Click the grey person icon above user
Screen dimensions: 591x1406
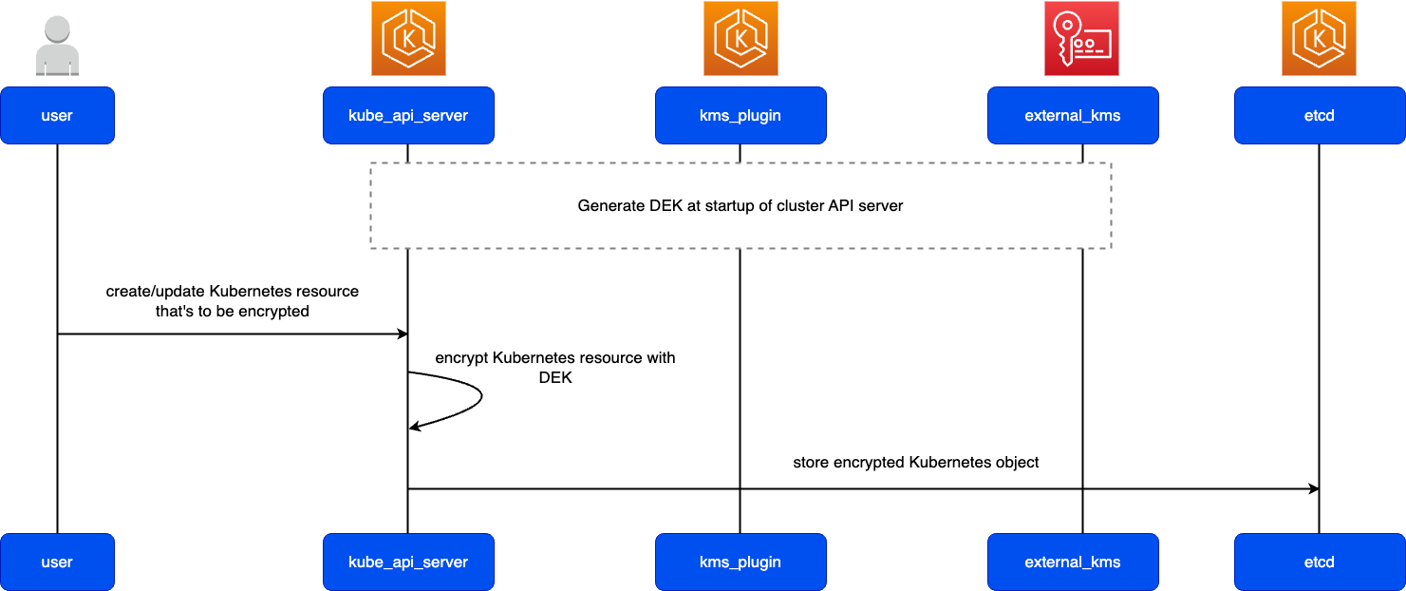[x=57, y=46]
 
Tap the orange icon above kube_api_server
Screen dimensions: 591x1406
[x=408, y=38]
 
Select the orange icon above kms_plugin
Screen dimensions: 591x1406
[x=740, y=38]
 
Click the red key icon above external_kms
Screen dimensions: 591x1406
[x=1081, y=38]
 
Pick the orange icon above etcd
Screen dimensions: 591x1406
[x=1319, y=38]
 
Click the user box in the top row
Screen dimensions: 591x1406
[x=57, y=116]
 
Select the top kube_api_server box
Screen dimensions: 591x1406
[x=408, y=116]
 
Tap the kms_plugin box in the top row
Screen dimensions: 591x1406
[x=740, y=116]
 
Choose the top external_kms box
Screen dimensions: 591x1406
[x=1073, y=116]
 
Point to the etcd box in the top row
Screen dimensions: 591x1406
[x=1320, y=116]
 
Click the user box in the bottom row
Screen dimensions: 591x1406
[x=57, y=562]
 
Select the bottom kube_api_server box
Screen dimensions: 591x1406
[x=408, y=562]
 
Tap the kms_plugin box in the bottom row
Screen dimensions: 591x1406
[x=740, y=562]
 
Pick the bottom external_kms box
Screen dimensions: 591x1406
[x=1073, y=562]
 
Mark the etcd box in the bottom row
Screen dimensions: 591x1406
[x=1320, y=562]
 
